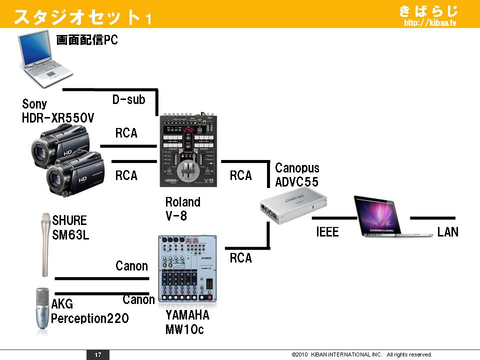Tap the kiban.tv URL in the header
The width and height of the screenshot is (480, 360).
[430, 23]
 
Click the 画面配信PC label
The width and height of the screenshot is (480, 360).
[87, 40]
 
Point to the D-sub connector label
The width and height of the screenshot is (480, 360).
[128, 99]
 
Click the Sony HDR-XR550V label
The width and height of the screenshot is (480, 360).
[58, 111]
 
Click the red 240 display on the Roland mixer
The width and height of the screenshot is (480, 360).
[188, 130]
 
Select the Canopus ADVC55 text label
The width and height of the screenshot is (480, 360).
[297, 174]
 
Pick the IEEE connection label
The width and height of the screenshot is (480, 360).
[327, 232]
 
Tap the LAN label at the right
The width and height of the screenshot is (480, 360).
[447, 232]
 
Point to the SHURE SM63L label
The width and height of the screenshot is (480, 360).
[69, 227]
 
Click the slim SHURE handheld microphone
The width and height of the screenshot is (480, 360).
[45, 245]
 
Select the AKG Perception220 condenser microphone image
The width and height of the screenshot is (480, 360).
[42, 310]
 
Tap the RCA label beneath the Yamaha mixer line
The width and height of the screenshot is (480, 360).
[240, 258]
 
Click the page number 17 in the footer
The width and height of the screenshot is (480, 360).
[98, 354]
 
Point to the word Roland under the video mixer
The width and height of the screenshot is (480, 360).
[182, 202]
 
